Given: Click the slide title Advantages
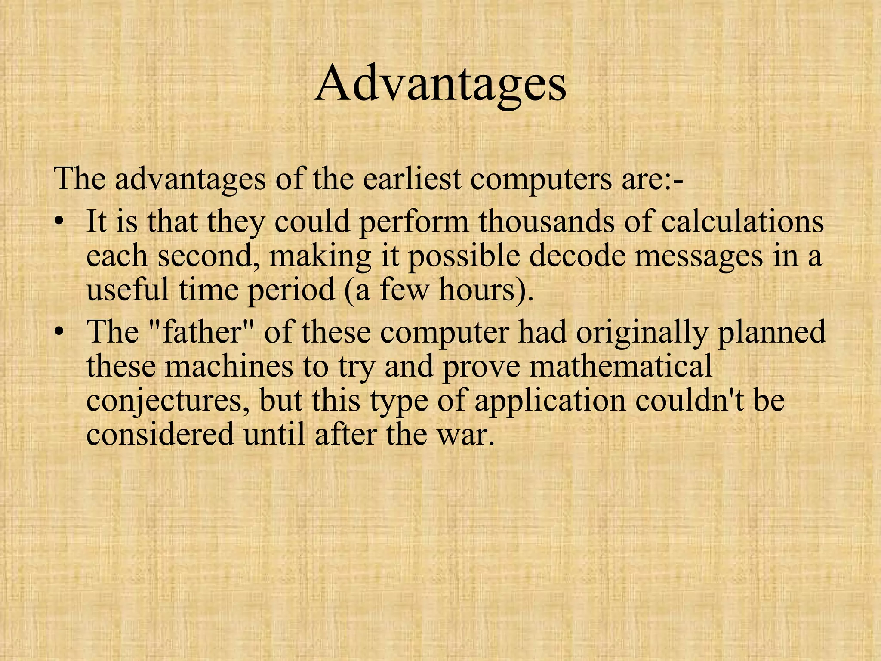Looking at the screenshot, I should point(440,84).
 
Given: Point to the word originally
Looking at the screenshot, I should point(642,332).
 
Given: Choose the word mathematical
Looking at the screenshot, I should point(621,366).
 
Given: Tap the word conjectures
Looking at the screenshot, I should point(169,400).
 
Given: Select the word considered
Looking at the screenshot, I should point(160,434).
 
